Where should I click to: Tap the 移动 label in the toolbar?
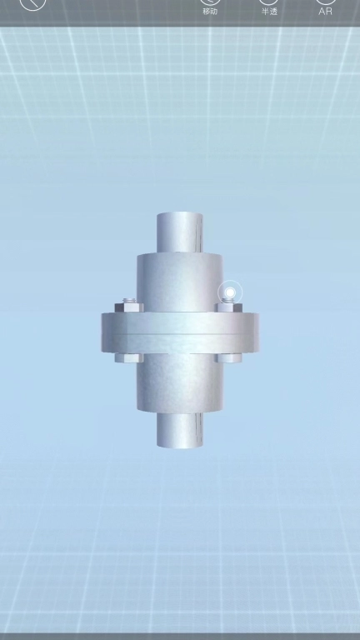(210, 12)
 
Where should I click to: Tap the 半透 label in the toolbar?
(269, 12)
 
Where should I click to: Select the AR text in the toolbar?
(325, 12)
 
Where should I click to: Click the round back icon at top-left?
(32, 4)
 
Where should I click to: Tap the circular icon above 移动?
(210, 2)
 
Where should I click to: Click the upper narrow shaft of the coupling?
(180, 232)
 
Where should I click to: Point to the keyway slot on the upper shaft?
(200, 233)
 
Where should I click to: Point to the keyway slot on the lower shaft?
(200, 428)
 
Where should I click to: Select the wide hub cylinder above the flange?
(180, 282)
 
